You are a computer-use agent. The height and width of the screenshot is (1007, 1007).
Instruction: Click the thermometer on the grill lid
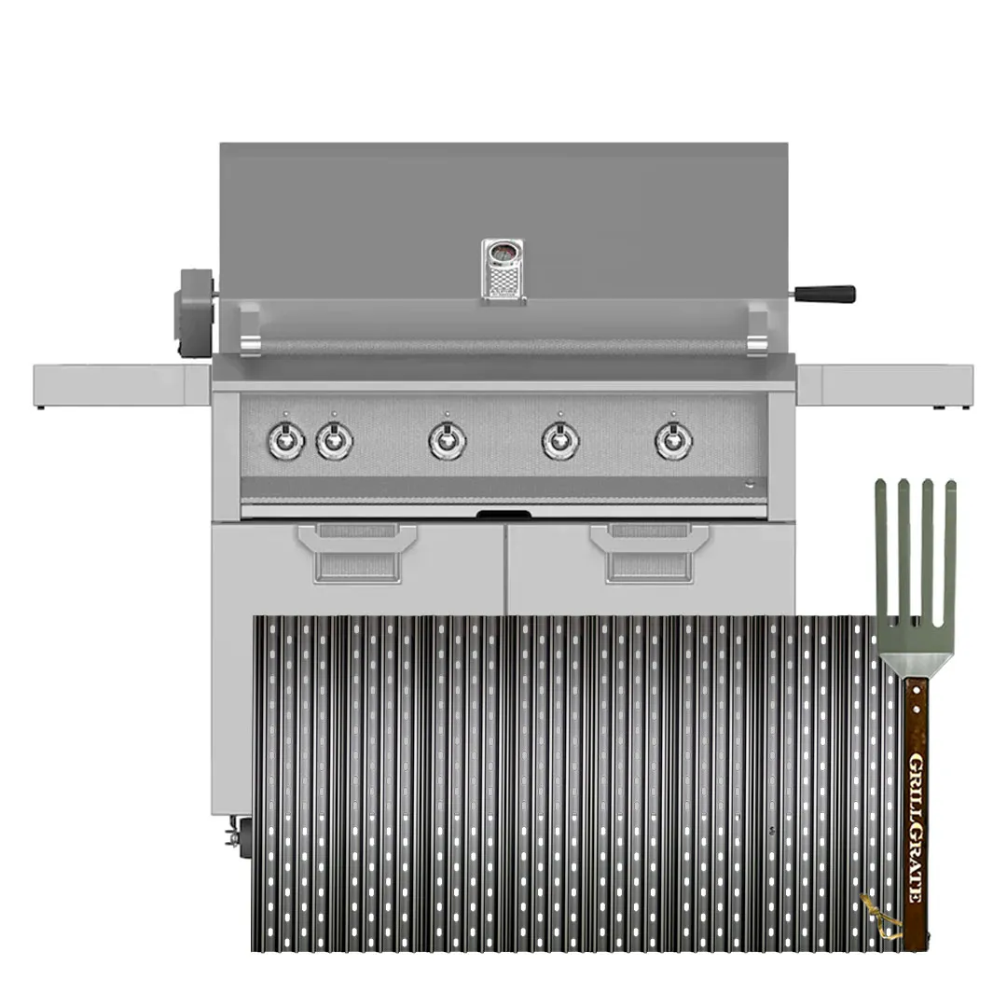coord(504,270)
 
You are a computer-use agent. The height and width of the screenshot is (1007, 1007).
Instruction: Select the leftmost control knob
coord(286,440)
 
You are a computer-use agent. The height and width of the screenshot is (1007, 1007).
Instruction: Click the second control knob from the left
coord(334,440)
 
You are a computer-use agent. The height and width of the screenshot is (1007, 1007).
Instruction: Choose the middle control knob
coord(447,440)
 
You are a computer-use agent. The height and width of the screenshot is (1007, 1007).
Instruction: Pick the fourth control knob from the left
coord(560,440)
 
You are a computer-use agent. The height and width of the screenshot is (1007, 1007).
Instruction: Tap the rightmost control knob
coord(673,440)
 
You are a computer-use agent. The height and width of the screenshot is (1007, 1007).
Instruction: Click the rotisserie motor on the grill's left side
coord(195,312)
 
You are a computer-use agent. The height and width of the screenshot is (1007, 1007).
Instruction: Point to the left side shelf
coord(122,385)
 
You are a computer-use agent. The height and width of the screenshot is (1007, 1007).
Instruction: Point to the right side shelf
coord(885,385)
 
